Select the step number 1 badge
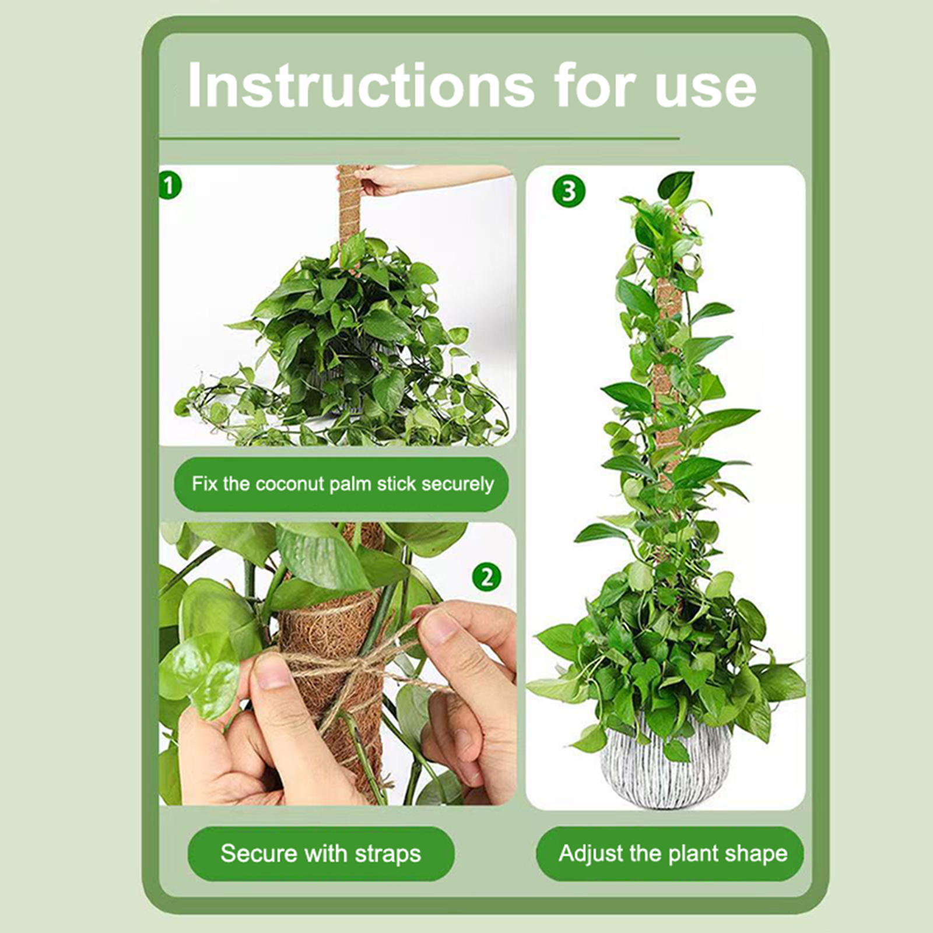(170, 185)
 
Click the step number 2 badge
(487, 577)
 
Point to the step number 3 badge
(569, 191)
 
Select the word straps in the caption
(388, 854)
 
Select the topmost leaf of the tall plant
(676, 185)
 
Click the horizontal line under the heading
(419, 139)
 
